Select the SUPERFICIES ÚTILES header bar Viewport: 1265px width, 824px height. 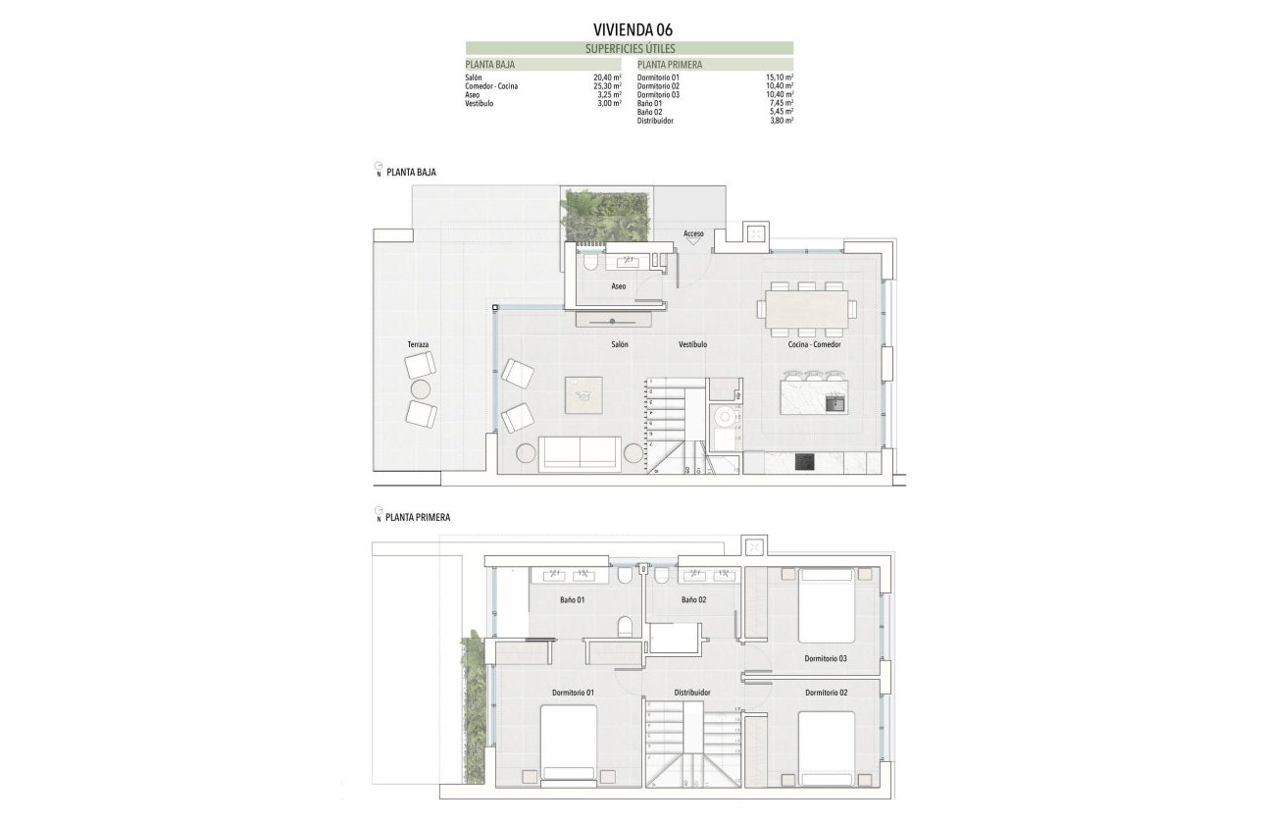[630, 48]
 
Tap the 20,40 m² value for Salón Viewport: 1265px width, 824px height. [608, 77]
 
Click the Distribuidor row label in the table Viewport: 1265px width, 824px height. [655, 121]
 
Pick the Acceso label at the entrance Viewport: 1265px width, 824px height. [693, 233]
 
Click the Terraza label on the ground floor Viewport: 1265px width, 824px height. [419, 345]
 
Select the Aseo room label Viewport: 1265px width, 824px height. [618, 286]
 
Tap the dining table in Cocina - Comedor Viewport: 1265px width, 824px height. [806, 308]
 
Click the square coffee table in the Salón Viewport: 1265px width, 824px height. [584, 395]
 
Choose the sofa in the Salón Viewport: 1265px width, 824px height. [580, 453]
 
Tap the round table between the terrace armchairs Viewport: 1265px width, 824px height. [421, 389]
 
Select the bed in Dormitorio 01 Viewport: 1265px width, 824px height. [569, 743]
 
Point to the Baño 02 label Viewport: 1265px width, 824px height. [693, 599]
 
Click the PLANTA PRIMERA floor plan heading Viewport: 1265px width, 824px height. [418, 517]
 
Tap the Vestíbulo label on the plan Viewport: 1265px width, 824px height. [692, 345]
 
